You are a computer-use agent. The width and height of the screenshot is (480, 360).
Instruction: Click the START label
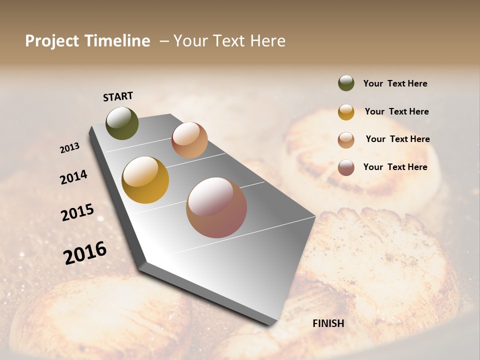(118, 96)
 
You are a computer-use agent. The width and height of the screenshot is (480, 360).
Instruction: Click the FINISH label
(328, 323)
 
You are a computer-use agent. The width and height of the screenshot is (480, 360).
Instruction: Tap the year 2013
(69, 148)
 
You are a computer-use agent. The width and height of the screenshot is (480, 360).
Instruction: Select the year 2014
(73, 177)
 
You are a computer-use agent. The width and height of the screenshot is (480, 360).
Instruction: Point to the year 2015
(77, 212)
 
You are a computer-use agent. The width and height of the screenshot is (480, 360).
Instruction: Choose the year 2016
(85, 253)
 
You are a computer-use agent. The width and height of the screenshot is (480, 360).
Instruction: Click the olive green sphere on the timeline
(122, 123)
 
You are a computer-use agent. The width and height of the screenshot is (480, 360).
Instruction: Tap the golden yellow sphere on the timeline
(145, 180)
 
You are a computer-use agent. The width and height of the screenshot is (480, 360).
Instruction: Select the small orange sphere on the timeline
(189, 140)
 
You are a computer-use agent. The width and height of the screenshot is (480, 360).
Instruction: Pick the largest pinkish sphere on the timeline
(216, 207)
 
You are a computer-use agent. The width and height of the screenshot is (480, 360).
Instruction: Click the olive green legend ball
(346, 83)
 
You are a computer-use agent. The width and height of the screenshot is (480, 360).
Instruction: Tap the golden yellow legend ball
(346, 112)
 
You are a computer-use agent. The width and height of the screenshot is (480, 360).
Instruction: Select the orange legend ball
(346, 140)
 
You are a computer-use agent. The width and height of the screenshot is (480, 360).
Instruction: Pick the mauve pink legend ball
(346, 167)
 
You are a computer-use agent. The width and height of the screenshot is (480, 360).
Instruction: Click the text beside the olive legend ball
(395, 83)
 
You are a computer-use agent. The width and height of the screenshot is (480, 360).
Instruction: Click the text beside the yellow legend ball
(396, 111)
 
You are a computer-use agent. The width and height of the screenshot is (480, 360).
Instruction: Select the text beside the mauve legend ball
(395, 167)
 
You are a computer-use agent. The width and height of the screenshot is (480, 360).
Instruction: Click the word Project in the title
(52, 41)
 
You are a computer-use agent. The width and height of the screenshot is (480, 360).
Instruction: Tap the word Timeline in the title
(117, 41)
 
